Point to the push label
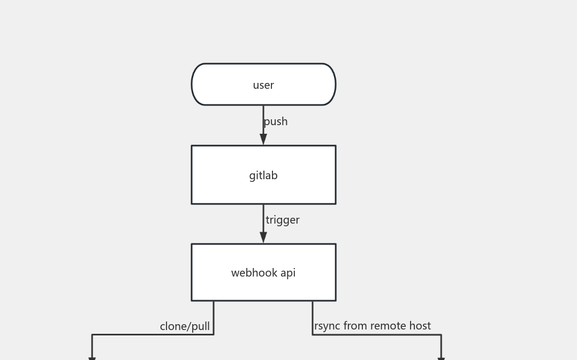[x=276, y=121]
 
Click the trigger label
[x=283, y=220]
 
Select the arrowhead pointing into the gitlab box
[x=263, y=139]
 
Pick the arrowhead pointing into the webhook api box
[x=263, y=238]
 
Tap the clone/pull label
[x=185, y=326]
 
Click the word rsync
[x=327, y=326]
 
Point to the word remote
[x=388, y=326]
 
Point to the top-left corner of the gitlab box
[x=192, y=145]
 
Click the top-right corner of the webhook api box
[x=336, y=244]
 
